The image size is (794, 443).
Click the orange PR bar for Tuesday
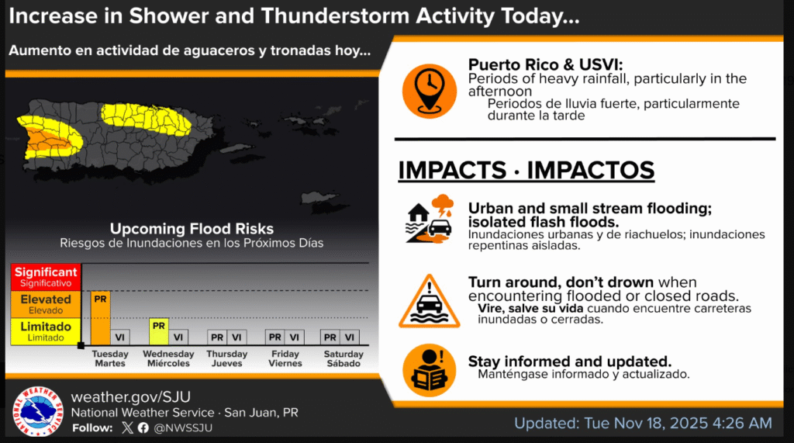click(100, 318)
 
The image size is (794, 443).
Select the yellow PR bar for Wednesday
click(158, 331)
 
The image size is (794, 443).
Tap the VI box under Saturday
click(350, 337)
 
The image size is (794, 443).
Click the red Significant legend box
click(46, 277)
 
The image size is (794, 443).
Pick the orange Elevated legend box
click(46, 303)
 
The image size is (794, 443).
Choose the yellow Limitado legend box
click(46, 331)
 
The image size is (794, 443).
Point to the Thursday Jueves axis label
click(227, 358)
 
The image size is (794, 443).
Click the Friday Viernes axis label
click(285, 358)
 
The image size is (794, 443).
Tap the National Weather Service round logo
click(38, 411)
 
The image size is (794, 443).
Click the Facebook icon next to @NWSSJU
click(143, 427)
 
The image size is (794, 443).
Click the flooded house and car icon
click(430, 220)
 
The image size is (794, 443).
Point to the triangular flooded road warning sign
click(429, 302)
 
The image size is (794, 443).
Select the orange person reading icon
click(429, 370)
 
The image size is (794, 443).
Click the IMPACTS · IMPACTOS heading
click(526, 171)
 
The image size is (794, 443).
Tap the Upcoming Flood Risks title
click(192, 229)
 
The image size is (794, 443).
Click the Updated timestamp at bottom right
click(643, 423)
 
